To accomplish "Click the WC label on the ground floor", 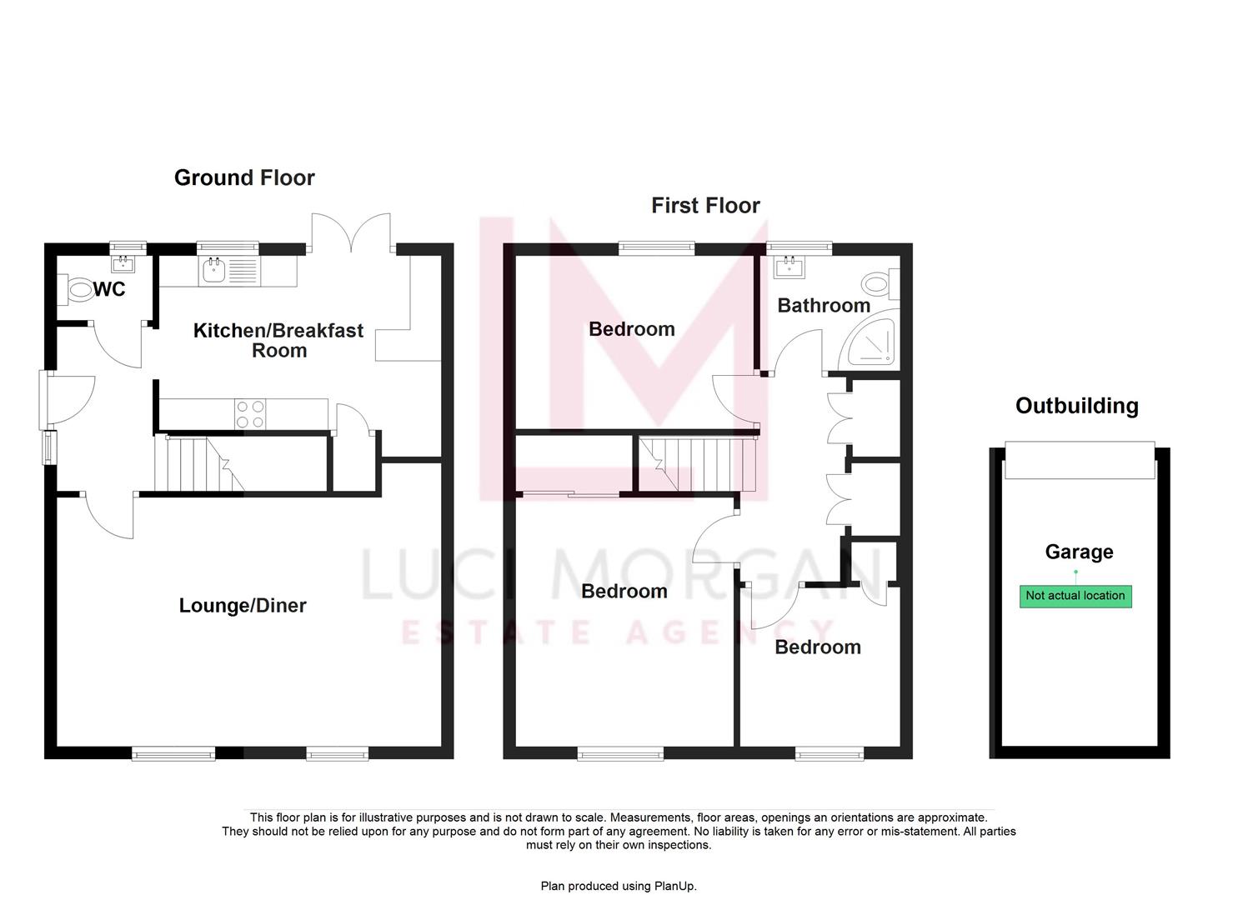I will tap(109, 289).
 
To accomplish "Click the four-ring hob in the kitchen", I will tap(251, 414).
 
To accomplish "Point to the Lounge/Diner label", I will tap(243, 606).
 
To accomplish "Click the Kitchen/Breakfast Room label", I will tap(278, 340).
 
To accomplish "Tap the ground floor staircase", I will tap(197, 463).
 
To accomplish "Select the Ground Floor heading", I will tap(244, 177).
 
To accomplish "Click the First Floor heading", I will tap(705, 206).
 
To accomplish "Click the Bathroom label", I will tap(824, 306).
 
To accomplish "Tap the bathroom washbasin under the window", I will tap(789, 267).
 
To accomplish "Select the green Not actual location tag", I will tap(1075, 596).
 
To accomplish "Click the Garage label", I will tap(1079, 552).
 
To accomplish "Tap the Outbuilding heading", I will tap(1076, 406).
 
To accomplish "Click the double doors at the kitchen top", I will tap(351, 232).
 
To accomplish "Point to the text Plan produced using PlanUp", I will tap(619, 886).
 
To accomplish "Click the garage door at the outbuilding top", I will tap(1079, 460).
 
